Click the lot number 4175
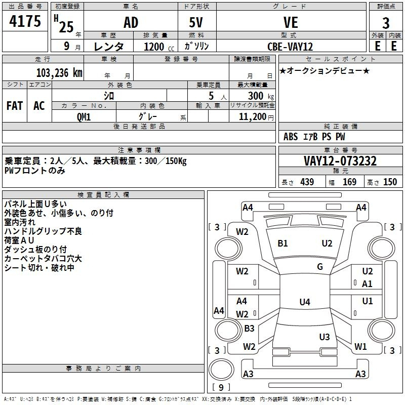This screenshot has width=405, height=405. (x=25, y=21)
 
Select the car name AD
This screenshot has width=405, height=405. (x=131, y=22)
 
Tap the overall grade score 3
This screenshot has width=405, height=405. (x=386, y=23)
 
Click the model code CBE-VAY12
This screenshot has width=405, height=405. (x=290, y=47)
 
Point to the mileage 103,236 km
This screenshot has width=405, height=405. (x=59, y=73)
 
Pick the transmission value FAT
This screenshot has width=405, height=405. (x=15, y=106)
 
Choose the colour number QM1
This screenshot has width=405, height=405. (x=84, y=117)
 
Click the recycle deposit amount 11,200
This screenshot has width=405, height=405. (x=252, y=117)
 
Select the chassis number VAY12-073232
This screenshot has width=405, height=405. (x=340, y=161)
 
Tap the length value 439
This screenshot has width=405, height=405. (x=307, y=182)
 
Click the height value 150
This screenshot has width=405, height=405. (x=390, y=182)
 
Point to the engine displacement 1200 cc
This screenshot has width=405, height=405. (x=159, y=47)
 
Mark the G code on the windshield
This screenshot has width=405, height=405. (x=320, y=267)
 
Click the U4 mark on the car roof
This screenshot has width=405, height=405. (x=305, y=302)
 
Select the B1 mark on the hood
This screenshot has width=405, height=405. (x=282, y=244)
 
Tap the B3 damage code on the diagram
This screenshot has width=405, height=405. (x=249, y=328)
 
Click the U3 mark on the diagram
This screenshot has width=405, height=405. (x=325, y=337)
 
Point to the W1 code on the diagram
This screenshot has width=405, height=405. (x=360, y=346)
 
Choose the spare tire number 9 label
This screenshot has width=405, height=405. (x=221, y=387)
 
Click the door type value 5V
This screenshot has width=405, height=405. (x=196, y=22)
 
